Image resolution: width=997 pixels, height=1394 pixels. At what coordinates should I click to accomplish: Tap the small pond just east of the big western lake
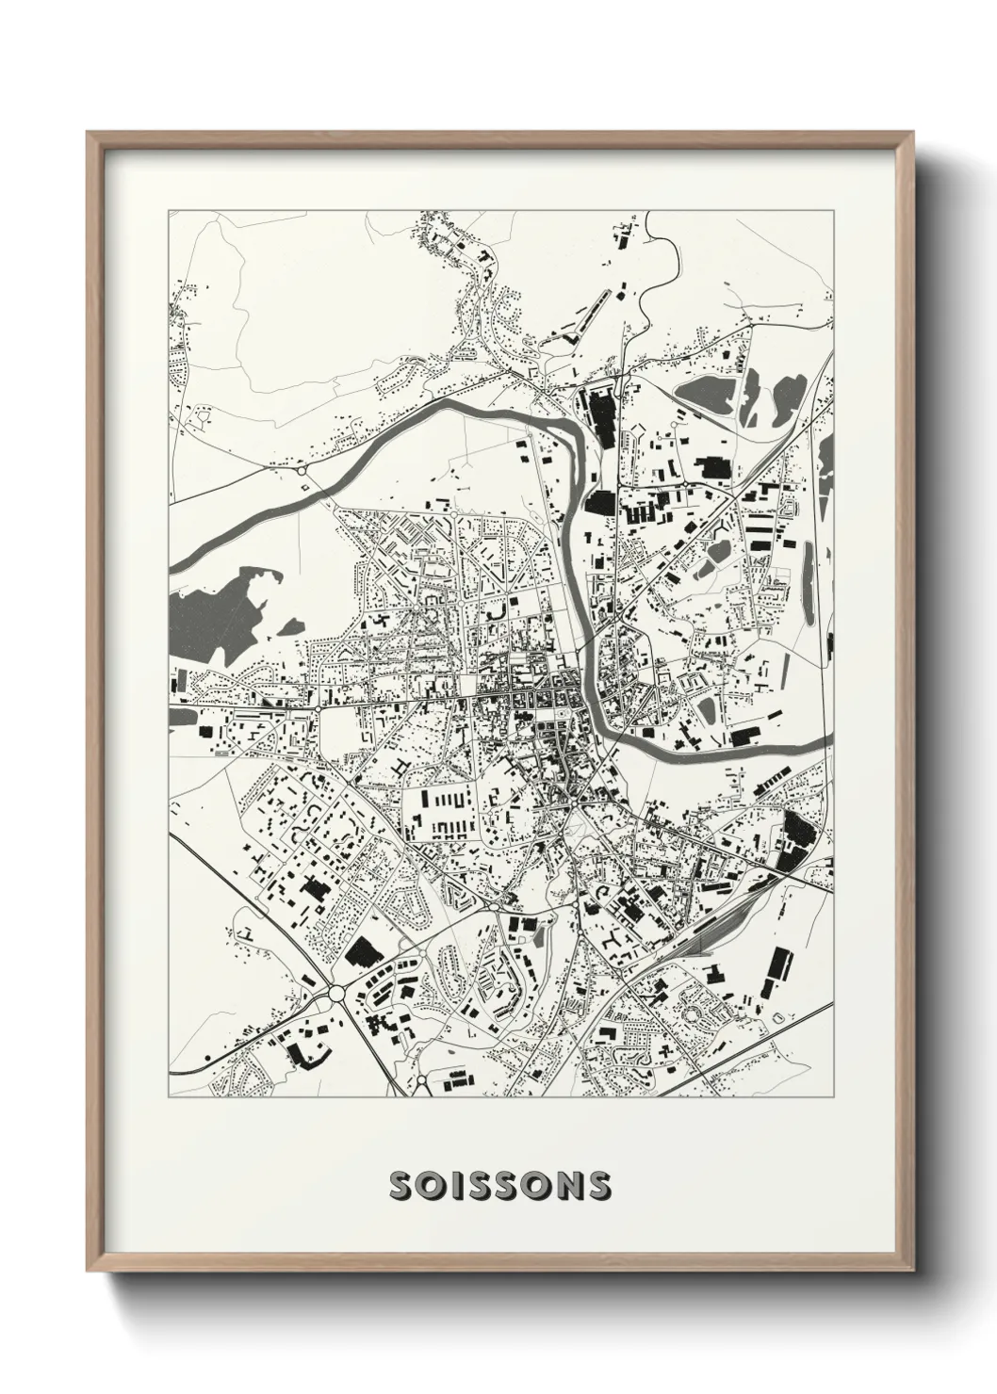coord(293,625)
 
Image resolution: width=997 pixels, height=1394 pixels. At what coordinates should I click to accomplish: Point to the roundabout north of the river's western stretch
coord(302,468)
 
